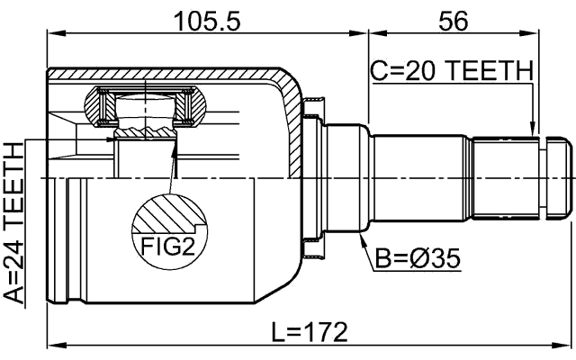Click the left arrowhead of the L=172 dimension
(x=52, y=344)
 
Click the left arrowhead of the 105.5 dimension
(x=52, y=34)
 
